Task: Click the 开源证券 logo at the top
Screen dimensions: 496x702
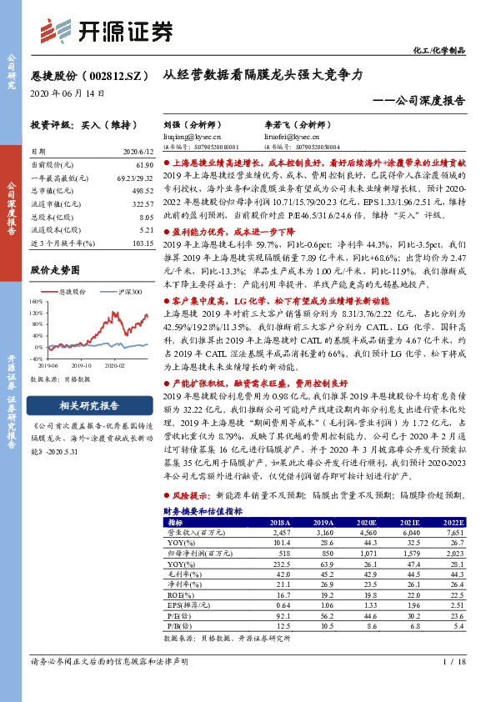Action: [x=108, y=30]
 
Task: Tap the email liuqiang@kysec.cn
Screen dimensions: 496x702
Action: [x=192, y=135]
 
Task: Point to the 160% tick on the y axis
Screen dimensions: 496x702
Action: [x=38, y=302]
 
